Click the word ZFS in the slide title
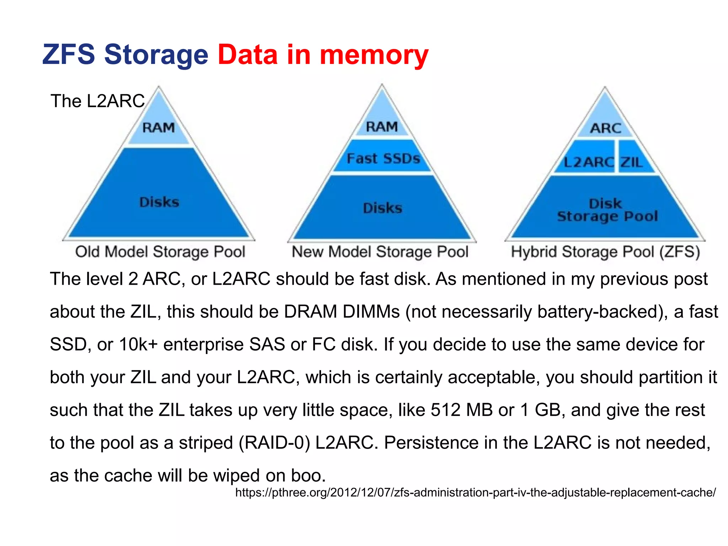pyautogui.click(x=69, y=54)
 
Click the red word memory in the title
pyautogui.click(x=374, y=55)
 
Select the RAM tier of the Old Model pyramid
pyautogui.click(x=159, y=128)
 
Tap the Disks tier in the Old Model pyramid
pyautogui.click(x=159, y=202)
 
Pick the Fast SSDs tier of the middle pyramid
pyautogui.click(x=383, y=158)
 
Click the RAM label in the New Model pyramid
pyautogui.click(x=382, y=127)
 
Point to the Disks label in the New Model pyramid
pyautogui.click(x=382, y=208)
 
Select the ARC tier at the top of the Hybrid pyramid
pyautogui.click(x=605, y=128)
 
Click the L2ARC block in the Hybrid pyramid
pyautogui.click(x=588, y=162)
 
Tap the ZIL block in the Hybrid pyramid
pyautogui.click(x=632, y=162)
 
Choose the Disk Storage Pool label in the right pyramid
pyautogui.click(x=607, y=210)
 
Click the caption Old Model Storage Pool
pyautogui.click(x=160, y=252)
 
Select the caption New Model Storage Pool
pyautogui.click(x=380, y=252)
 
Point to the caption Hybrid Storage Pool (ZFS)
pyautogui.click(x=605, y=252)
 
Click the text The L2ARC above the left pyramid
pyautogui.click(x=98, y=101)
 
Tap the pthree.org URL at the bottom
pyautogui.click(x=475, y=492)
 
